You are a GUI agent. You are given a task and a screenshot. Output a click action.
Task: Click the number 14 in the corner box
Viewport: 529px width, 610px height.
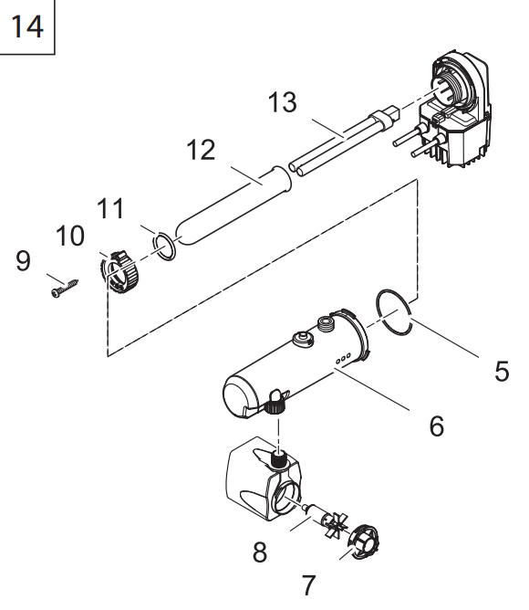pos(26,26)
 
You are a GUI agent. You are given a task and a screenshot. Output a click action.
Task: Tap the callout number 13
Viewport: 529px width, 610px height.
pos(283,102)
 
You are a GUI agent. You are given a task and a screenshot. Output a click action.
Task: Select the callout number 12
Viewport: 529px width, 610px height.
pos(201,150)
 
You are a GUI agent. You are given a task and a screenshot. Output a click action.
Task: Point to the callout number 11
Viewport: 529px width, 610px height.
pos(110,208)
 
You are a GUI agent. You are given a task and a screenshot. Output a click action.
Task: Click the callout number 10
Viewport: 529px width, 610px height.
pos(70,236)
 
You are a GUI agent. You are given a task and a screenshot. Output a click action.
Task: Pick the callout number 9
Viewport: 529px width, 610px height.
pos(23,260)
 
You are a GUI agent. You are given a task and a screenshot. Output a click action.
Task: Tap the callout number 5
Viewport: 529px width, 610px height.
pos(502,371)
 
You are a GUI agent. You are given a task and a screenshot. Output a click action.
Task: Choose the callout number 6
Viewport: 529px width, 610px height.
pos(437,426)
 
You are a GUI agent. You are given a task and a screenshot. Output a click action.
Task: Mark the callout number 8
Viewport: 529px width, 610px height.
pos(260,552)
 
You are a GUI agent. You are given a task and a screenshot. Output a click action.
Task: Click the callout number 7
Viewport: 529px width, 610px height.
pos(308,585)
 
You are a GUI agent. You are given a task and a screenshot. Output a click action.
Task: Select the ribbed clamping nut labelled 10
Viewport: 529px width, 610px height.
pos(119,272)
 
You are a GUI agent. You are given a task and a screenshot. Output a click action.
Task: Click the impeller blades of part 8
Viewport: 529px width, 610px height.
pos(337,526)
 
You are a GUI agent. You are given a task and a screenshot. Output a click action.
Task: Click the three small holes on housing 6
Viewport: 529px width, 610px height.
pos(343,358)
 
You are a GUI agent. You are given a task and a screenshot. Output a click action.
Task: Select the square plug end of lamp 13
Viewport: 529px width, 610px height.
pos(392,112)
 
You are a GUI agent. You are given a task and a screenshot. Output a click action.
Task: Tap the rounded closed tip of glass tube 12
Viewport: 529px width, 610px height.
pos(182,235)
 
